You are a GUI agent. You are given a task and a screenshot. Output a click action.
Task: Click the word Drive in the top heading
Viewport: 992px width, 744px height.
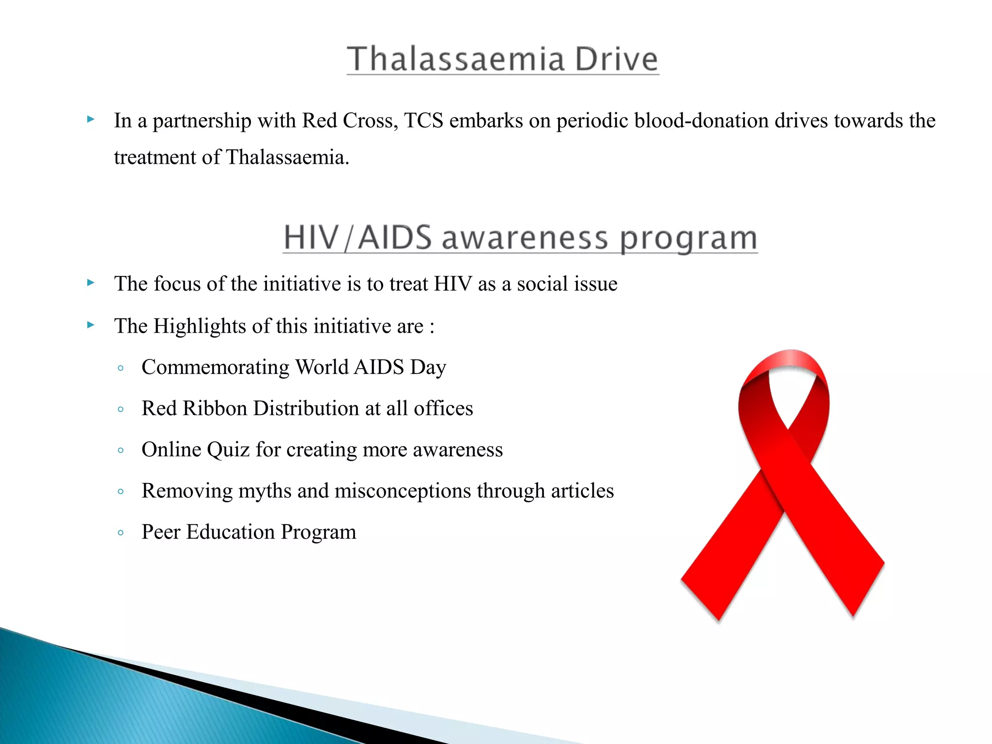pyautogui.click(x=616, y=59)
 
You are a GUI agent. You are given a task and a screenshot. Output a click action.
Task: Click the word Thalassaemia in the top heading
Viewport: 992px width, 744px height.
pyautogui.click(x=456, y=59)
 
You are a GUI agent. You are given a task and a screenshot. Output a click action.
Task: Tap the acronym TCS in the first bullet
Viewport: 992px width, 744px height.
pyautogui.click(x=423, y=121)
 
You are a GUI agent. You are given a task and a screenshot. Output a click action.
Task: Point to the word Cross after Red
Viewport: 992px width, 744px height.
pyautogui.click(x=370, y=121)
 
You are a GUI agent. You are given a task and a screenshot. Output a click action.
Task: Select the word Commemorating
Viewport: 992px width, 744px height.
pyautogui.click(x=216, y=367)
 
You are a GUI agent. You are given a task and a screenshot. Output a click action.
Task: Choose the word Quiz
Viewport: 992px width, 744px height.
pyautogui.click(x=229, y=449)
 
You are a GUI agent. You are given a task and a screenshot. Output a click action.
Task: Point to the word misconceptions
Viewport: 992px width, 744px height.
pyautogui.click(x=403, y=491)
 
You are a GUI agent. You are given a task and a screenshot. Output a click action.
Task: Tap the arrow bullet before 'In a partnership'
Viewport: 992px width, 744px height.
pyautogui.click(x=91, y=119)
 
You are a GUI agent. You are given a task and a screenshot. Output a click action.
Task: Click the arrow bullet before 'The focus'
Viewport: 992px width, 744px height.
pyautogui.click(x=91, y=282)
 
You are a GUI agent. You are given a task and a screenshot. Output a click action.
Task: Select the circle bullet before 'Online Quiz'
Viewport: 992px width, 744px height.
pyautogui.click(x=121, y=450)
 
